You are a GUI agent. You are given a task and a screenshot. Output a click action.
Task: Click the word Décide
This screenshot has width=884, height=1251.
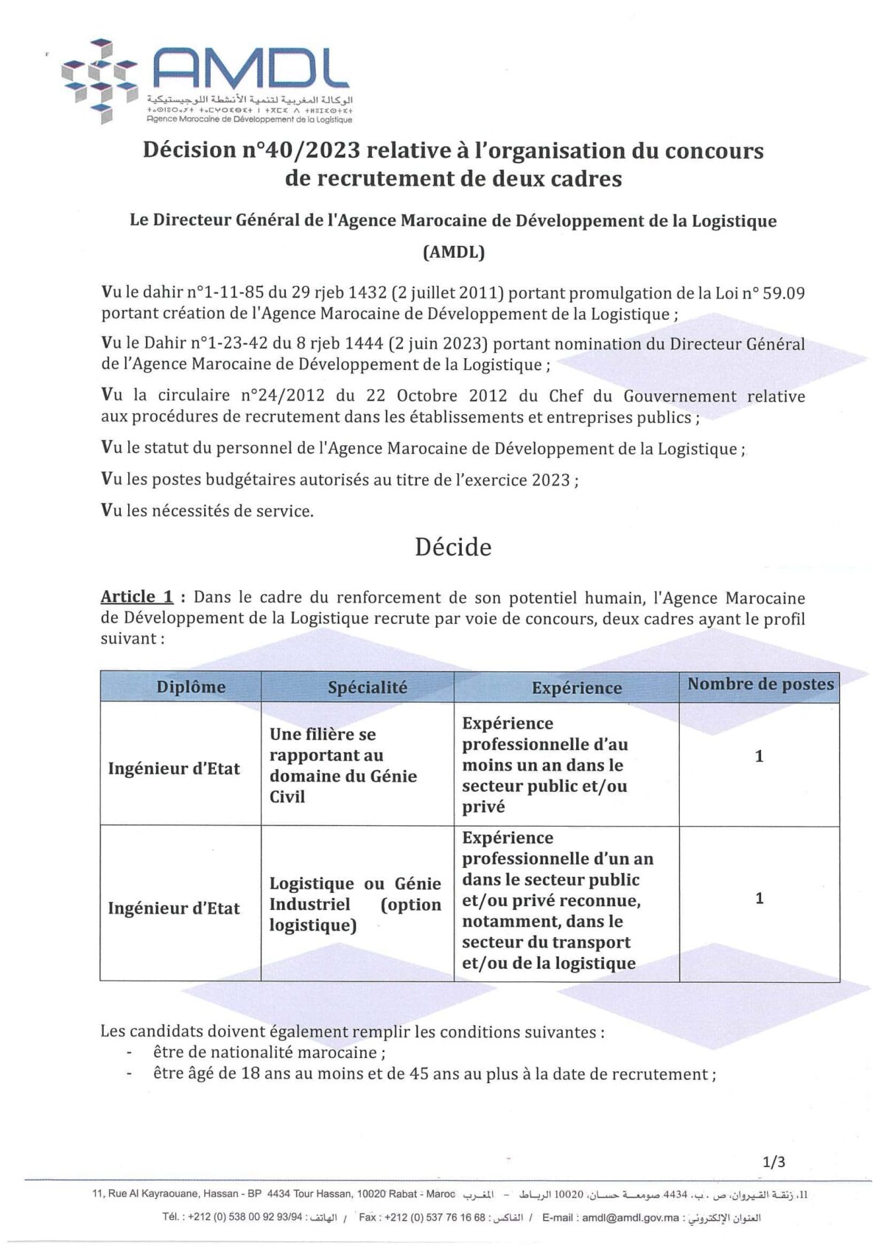452,547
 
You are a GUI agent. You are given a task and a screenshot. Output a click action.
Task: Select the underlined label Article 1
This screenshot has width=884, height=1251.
137,597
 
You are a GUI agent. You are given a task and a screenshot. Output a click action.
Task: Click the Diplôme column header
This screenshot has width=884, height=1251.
191,687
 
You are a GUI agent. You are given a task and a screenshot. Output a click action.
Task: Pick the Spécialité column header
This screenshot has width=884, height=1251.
367,687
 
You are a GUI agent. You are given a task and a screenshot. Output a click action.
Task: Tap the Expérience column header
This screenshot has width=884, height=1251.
577,687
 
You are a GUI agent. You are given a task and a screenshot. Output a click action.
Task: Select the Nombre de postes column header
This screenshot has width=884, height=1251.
760,684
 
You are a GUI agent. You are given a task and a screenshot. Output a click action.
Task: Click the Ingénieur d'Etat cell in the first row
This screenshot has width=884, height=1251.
174,768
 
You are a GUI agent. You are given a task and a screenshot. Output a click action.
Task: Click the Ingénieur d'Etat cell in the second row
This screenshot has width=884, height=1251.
174,908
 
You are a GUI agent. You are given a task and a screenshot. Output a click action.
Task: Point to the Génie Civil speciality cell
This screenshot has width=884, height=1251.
343,765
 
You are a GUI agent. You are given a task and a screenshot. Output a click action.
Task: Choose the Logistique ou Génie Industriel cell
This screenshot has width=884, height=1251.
355,904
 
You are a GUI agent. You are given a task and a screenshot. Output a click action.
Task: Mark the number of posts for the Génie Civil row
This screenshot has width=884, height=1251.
760,756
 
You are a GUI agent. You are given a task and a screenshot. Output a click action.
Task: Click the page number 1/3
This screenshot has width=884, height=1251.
774,1163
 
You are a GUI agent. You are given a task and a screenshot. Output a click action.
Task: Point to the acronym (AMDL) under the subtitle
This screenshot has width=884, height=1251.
453,252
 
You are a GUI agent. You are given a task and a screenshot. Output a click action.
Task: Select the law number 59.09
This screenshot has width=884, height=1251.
785,293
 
